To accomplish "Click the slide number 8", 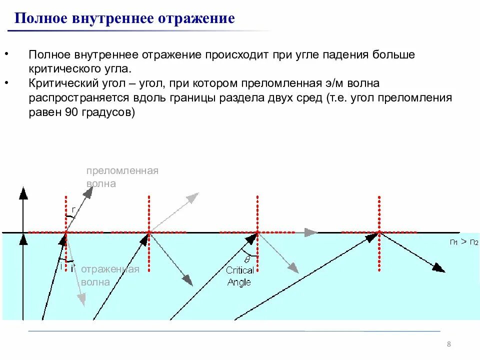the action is coord(448,344).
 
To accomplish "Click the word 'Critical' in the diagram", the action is coord(240,270).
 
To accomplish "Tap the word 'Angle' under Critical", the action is coord(239,282).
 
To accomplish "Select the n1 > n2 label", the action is coord(463,242).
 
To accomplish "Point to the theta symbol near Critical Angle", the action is coord(246,259).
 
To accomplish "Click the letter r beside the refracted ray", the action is coord(73,209).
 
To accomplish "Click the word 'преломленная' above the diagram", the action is coord(122,171).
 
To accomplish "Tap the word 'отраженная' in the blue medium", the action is coord(109,269).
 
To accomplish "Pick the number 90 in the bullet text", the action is coord(70,112).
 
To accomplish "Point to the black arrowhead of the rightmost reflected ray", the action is coord(438,268).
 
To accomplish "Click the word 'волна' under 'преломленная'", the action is coord(101,183).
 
